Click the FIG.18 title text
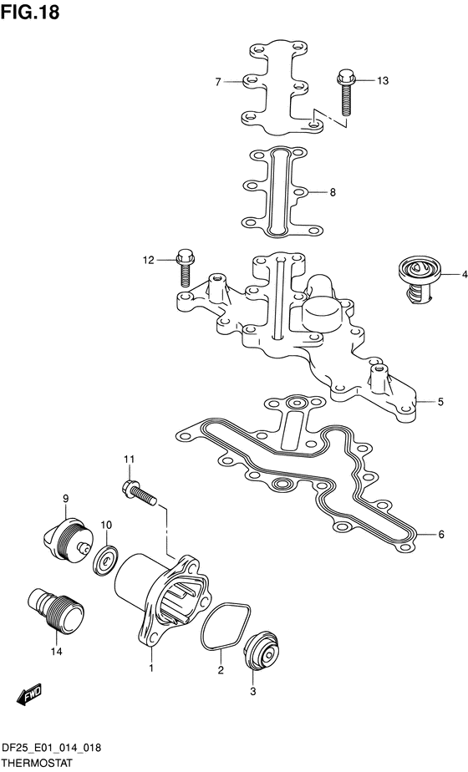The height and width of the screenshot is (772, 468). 29,12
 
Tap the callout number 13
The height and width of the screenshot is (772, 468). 382,81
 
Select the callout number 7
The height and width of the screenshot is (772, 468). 218,82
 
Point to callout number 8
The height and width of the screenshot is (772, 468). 333,192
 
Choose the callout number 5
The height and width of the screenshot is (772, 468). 440,402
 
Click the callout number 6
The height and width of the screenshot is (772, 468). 441,534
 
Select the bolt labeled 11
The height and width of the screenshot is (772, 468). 139,493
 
